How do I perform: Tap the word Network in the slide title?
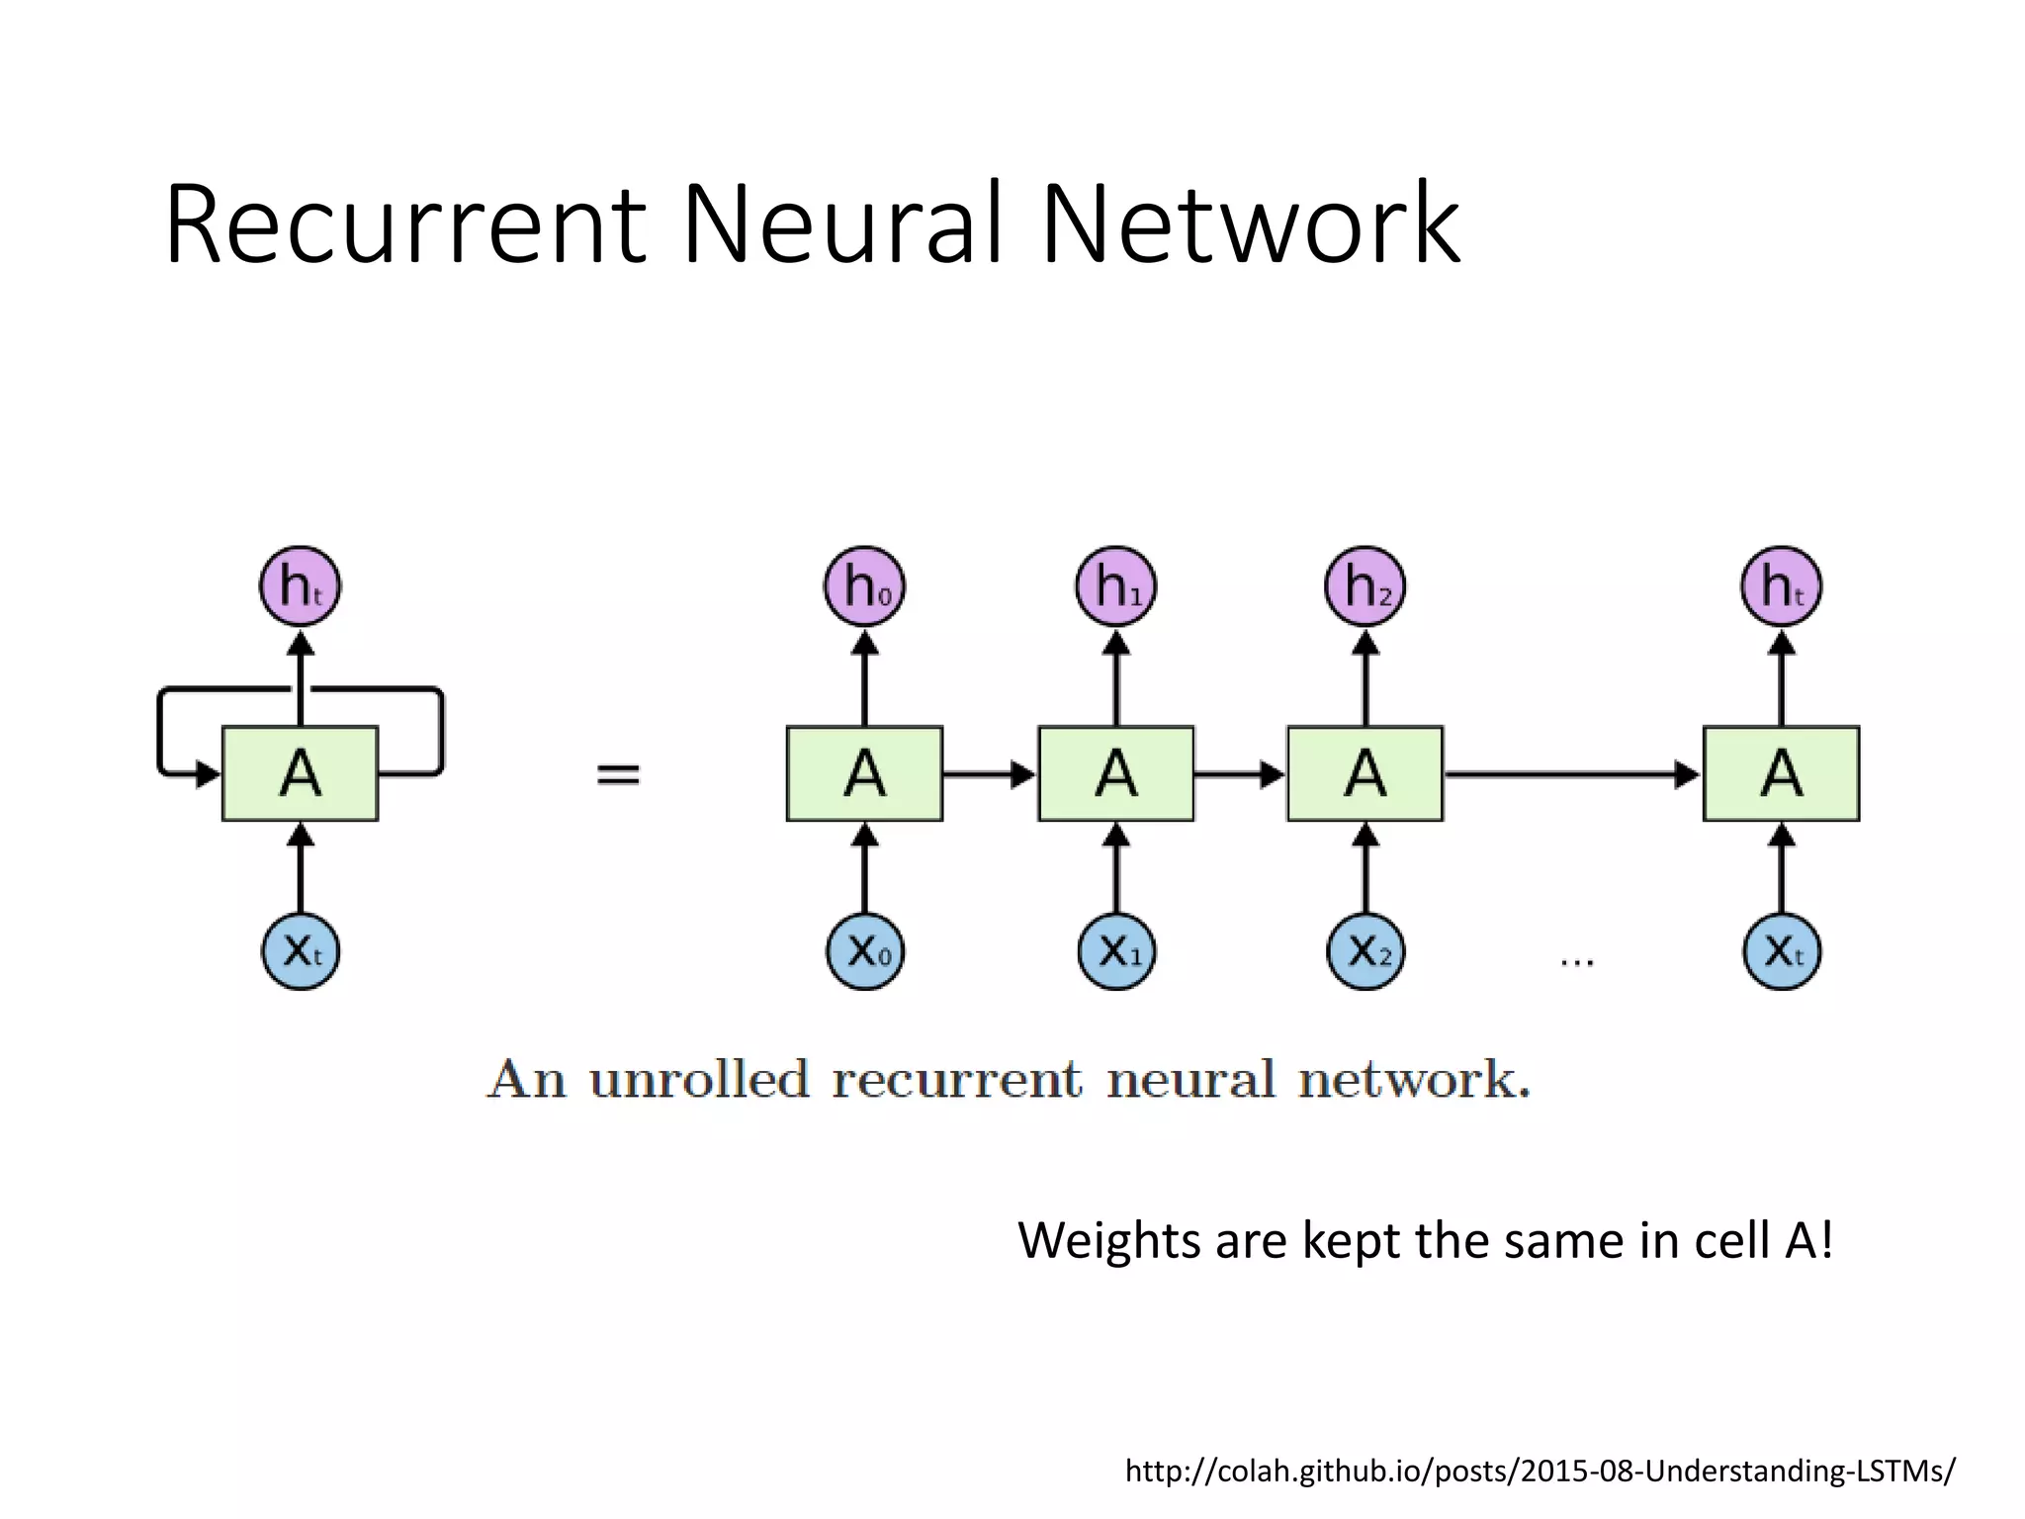click(x=1250, y=225)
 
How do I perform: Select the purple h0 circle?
click(x=864, y=586)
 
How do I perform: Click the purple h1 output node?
click(x=1115, y=586)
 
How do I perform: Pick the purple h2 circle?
click(x=1365, y=586)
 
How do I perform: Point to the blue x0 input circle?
click(x=864, y=951)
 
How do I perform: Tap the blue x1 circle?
click(x=1115, y=951)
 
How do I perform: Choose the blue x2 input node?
click(x=1365, y=951)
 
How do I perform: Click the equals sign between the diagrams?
click(x=618, y=773)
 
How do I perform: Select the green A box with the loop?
click(x=300, y=773)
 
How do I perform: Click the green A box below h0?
click(x=864, y=773)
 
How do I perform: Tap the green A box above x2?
click(x=1365, y=773)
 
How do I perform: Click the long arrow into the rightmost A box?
click(x=1572, y=773)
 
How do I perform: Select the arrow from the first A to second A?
click(x=989, y=773)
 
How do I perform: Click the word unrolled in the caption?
click(x=698, y=1079)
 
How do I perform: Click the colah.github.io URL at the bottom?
click(x=1540, y=1471)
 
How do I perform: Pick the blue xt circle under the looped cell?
click(x=300, y=951)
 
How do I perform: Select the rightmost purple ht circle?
click(x=1781, y=586)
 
